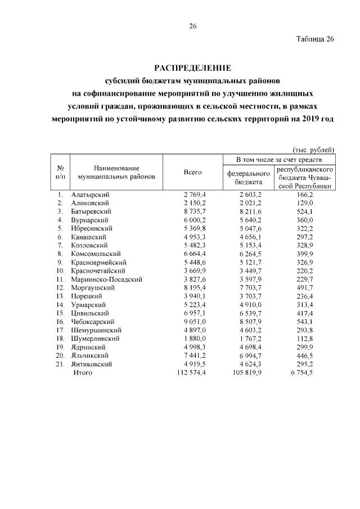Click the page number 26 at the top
pyautogui.click(x=192, y=26)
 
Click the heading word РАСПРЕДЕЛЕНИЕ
pyautogui.click(x=192, y=67)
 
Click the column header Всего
pyautogui.click(x=192, y=172)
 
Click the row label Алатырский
pyautogui.click(x=90, y=194)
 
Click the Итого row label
pyautogui.click(x=83, y=372)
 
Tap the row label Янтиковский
pyautogui.click(x=92, y=364)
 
